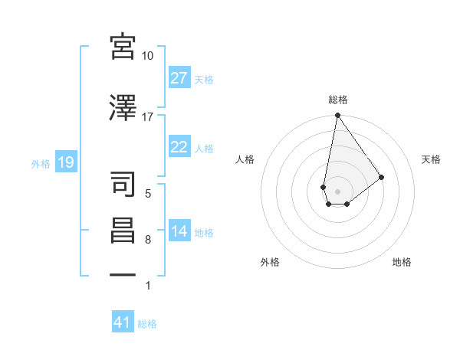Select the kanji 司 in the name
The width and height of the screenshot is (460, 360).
point(123,183)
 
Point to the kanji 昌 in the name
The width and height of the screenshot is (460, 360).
point(123,231)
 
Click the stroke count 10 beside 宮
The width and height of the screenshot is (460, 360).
point(148,56)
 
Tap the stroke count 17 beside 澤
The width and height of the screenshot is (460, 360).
point(148,116)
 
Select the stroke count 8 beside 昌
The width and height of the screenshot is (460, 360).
point(148,241)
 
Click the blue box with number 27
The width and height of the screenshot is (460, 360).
point(179,78)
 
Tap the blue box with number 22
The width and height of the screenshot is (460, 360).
point(179,148)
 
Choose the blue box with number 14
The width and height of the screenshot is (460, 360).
point(179,232)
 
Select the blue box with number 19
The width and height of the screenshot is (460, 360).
point(65,162)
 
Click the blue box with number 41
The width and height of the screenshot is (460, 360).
point(123,322)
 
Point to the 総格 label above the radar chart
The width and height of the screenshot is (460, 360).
point(337,100)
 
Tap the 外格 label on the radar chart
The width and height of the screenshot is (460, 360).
point(270,262)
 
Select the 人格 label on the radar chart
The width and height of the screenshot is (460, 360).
point(245,159)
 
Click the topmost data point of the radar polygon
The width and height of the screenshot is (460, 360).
point(337,116)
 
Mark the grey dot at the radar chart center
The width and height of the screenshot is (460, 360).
point(337,190)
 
